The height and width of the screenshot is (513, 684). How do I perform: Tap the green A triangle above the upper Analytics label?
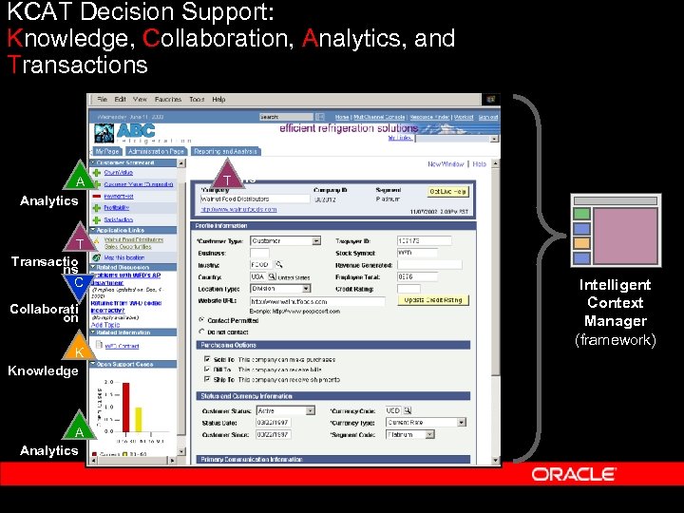tap(80, 180)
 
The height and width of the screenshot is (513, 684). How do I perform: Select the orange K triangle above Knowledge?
tap(79, 351)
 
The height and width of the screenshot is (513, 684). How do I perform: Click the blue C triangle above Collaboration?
tap(80, 283)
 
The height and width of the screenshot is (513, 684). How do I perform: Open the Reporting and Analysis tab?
tap(225, 151)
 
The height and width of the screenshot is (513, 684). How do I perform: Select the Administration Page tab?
tap(157, 151)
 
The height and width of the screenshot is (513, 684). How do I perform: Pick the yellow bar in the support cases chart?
tap(138, 418)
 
